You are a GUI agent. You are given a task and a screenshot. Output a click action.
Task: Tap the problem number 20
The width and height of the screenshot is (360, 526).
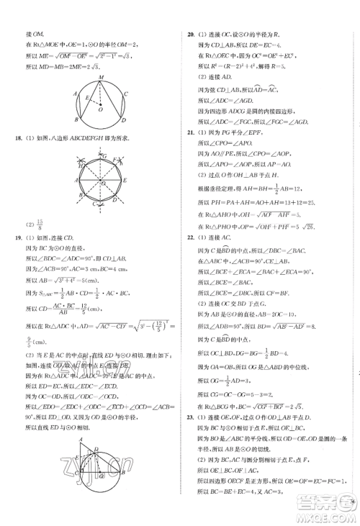point(189,34)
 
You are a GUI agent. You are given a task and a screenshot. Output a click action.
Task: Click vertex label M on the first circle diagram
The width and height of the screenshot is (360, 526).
point(101,76)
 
